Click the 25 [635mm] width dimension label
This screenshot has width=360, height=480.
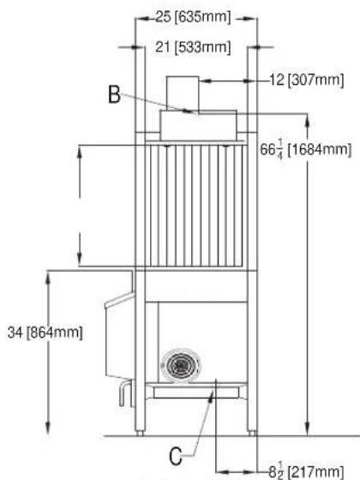click(x=193, y=17)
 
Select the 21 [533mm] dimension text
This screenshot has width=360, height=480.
click(x=193, y=47)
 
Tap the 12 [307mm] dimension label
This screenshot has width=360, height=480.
click(x=307, y=81)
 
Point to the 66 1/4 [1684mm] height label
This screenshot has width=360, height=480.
click(x=305, y=150)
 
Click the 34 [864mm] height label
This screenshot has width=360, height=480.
click(x=45, y=333)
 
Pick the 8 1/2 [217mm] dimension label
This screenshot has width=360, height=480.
click(x=306, y=471)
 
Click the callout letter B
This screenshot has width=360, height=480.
click(x=115, y=94)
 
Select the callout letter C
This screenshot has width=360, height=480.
click(x=175, y=456)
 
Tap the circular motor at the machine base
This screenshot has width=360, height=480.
click(x=181, y=365)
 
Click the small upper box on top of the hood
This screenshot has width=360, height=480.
click(x=183, y=93)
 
